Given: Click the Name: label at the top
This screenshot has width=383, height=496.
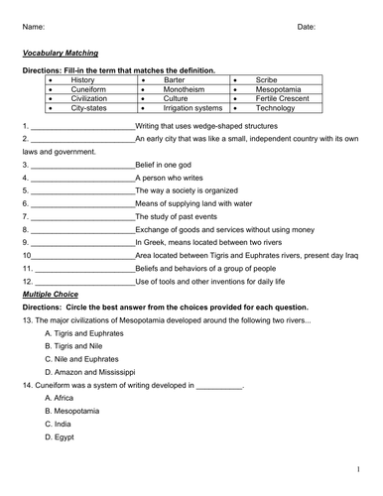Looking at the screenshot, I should point(33,27).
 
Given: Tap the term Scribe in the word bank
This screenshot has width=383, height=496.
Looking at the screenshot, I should point(267,79).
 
